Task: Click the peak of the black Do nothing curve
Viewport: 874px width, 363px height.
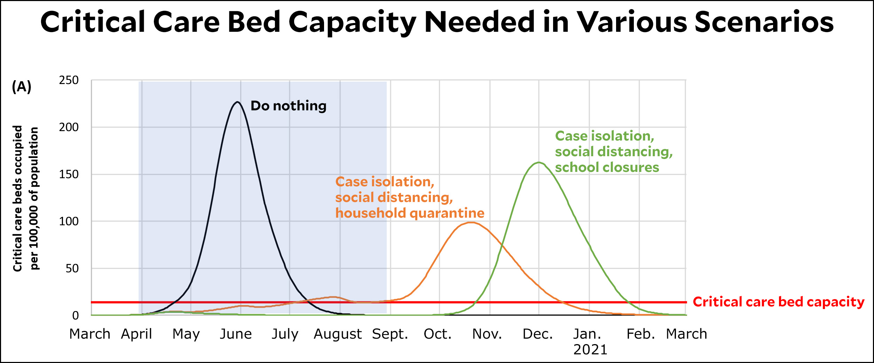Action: (237, 102)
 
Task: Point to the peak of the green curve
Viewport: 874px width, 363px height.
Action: (538, 162)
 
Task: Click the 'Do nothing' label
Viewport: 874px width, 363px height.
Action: (289, 106)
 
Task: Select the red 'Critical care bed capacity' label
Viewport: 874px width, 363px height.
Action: (778, 302)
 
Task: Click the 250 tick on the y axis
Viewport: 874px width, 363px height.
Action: (69, 80)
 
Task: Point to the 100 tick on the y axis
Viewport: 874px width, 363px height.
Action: (69, 221)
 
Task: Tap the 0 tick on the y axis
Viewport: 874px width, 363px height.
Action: (75, 316)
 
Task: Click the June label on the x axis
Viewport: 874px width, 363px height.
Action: (236, 334)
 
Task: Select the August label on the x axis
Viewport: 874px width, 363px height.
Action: (338, 334)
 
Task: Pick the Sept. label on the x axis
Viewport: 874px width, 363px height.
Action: (390, 334)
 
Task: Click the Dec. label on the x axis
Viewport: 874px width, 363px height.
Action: (537, 334)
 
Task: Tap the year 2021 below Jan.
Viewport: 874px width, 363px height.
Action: (590, 350)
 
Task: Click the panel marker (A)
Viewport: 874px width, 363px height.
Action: (22, 86)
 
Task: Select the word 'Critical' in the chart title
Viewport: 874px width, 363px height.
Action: (93, 22)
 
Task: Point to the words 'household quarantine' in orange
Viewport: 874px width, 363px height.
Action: (410, 213)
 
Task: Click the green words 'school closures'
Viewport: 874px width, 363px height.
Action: (607, 167)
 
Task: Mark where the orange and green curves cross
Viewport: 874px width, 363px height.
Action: (502, 247)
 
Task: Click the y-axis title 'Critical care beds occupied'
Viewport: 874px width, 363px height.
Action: (17, 198)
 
